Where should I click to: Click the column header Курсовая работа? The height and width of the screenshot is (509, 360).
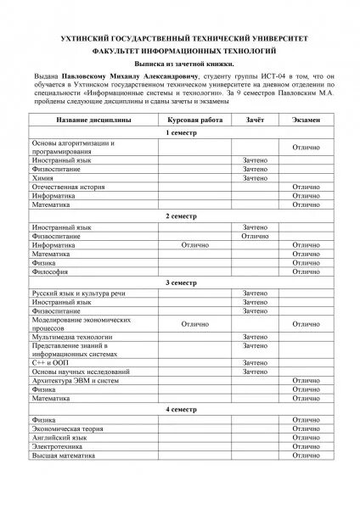coord(195,121)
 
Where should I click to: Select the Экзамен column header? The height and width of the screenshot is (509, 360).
coord(305,121)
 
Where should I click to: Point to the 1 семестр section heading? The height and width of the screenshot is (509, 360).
coord(179,134)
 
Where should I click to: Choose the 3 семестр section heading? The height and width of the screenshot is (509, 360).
coord(179,282)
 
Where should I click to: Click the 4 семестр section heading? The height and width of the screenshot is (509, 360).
coord(179,409)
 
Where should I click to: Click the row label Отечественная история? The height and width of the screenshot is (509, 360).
coord(67,187)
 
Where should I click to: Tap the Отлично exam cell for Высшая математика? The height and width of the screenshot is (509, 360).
coord(305,455)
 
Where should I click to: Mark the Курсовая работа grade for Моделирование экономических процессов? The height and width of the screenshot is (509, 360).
coord(195,323)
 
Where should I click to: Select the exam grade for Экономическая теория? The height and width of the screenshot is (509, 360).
coord(305,428)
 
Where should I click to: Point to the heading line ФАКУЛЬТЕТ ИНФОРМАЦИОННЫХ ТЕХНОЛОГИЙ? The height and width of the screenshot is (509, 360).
coord(179,50)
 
